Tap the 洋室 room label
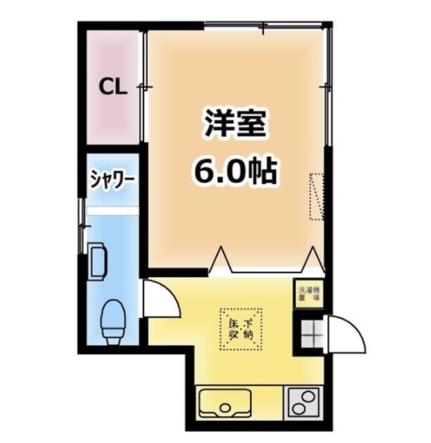(x=235, y=125)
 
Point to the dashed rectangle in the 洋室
(x=318, y=195)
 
